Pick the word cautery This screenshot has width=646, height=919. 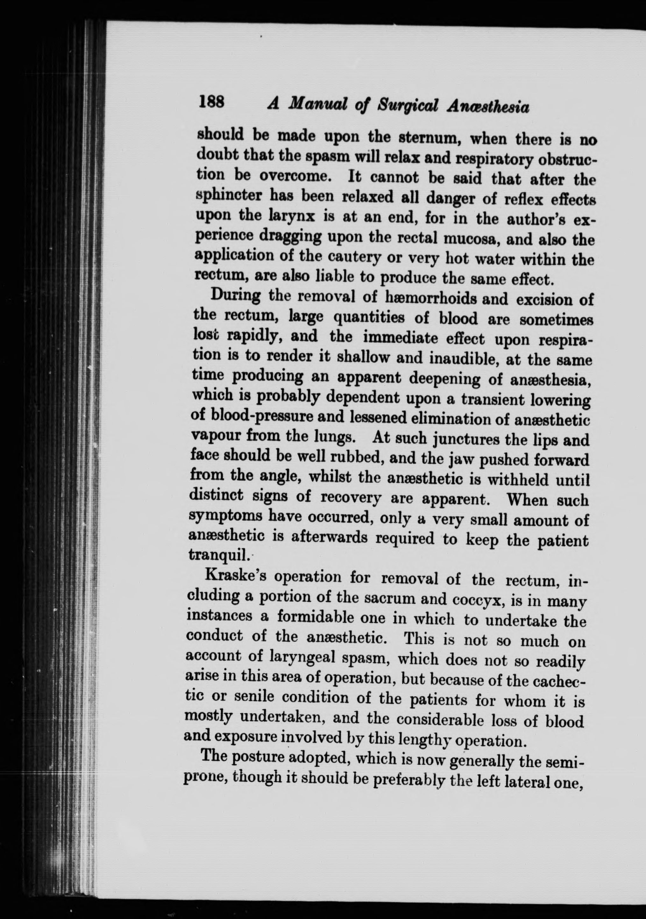(352, 257)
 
